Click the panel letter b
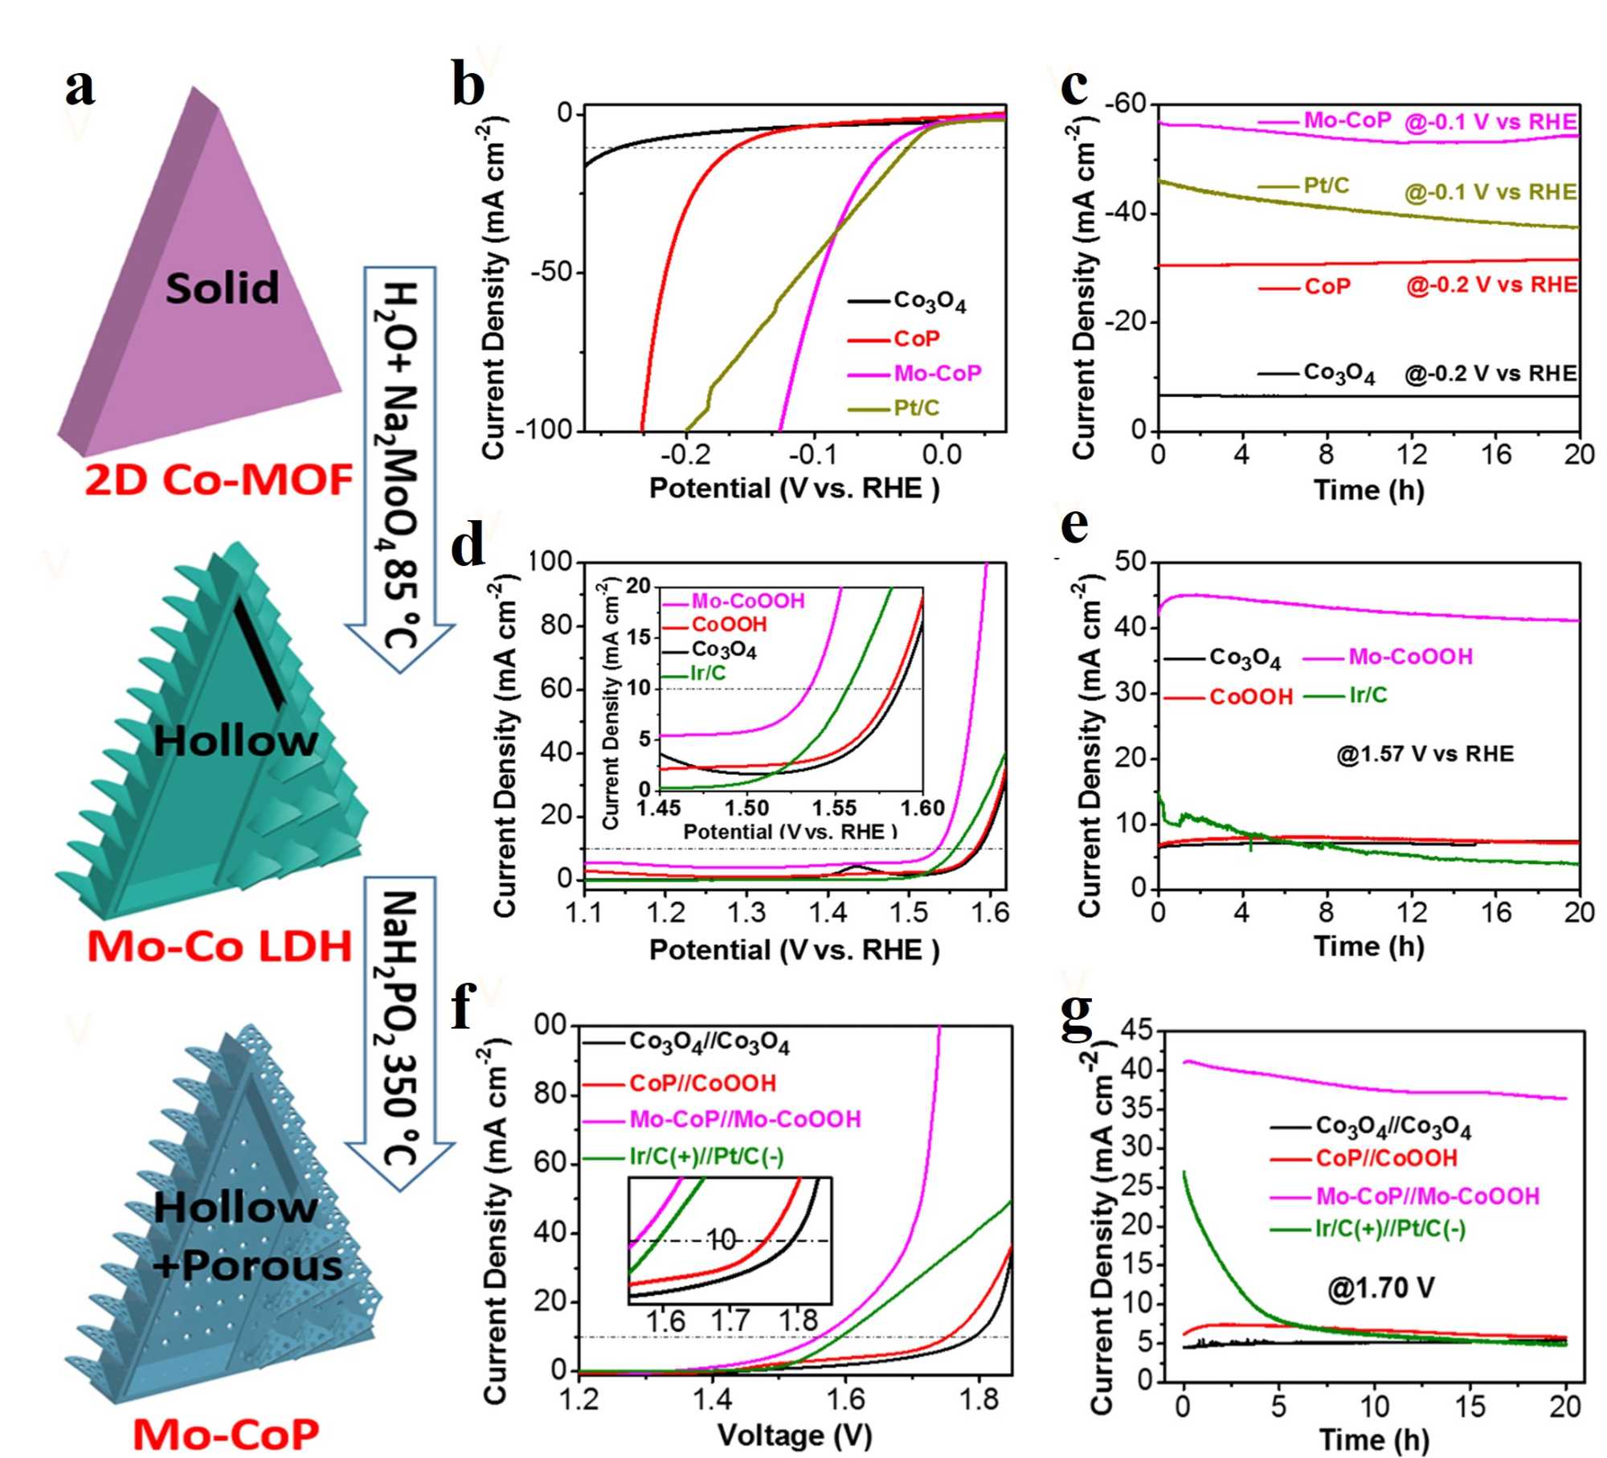pyautogui.click(x=468, y=86)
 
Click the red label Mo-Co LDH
pyautogui.click(x=219, y=946)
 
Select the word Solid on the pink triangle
pyautogui.click(x=222, y=288)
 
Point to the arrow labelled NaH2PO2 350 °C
pyautogui.click(x=400, y=1029)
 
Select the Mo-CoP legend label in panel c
pyautogui.click(x=1347, y=121)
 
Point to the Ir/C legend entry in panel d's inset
pyautogui.click(x=707, y=673)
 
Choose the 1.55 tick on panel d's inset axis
pyautogui.click(x=834, y=807)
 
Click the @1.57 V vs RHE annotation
pyautogui.click(x=1425, y=754)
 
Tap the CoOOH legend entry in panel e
pyautogui.click(x=1251, y=696)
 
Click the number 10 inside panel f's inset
pyautogui.click(x=722, y=1240)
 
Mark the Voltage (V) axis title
pyautogui.click(x=794, y=1435)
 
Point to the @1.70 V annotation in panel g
pyautogui.click(x=1380, y=1288)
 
